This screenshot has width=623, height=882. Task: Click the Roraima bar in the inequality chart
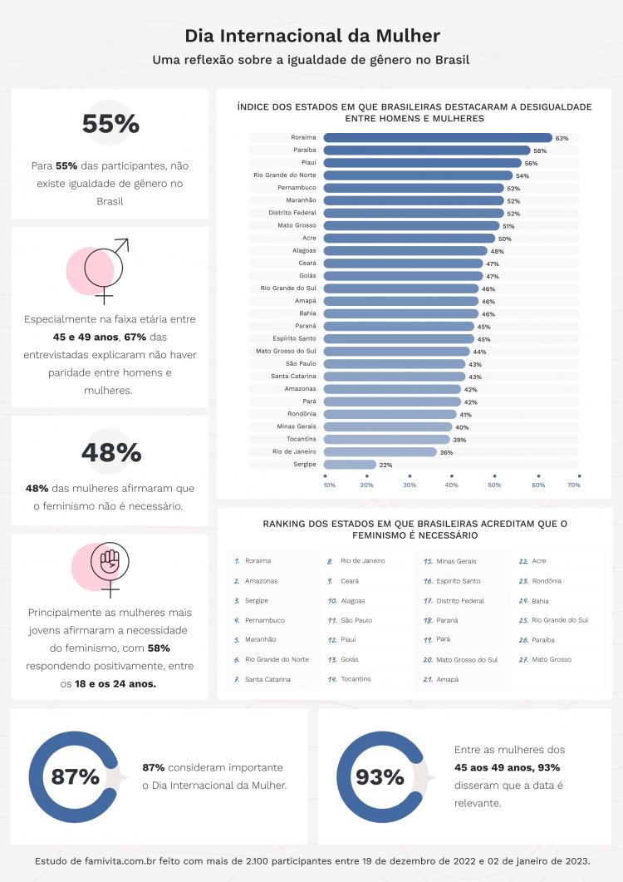pyautogui.click(x=437, y=138)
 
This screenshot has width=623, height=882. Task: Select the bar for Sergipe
pyautogui.click(x=349, y=465)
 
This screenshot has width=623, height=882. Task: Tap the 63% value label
pyautogui.click(x=562, y=138)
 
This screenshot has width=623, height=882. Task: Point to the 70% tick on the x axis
pyautogui.click(x=574, y=485)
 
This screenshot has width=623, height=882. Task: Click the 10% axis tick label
pyautogui.click(x=330, y=485)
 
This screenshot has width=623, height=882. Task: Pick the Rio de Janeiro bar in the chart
pyautogui.click(x=380, y=452)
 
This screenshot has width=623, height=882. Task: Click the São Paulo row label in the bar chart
pyautogui.click(x=301, y=364)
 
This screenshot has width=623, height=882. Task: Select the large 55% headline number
pyautogui.click(x=110, y=124)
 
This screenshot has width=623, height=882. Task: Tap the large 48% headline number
pyautogui.click(x=110, y=453)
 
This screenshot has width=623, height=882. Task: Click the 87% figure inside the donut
pyautogui.click(x=75, y=777)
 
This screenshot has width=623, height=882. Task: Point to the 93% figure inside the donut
pyautogui.click(x=380, y=777)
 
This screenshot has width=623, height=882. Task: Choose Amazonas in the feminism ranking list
pyautogui.click(x=261, y=581)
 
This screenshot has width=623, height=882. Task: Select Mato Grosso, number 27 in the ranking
pyautogui.click(x=552, y=660)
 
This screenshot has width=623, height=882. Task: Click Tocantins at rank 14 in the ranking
pyautogui.click(x=355, y=679)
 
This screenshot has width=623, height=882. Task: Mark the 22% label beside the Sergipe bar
pyautogui.click(x=385, y=465)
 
